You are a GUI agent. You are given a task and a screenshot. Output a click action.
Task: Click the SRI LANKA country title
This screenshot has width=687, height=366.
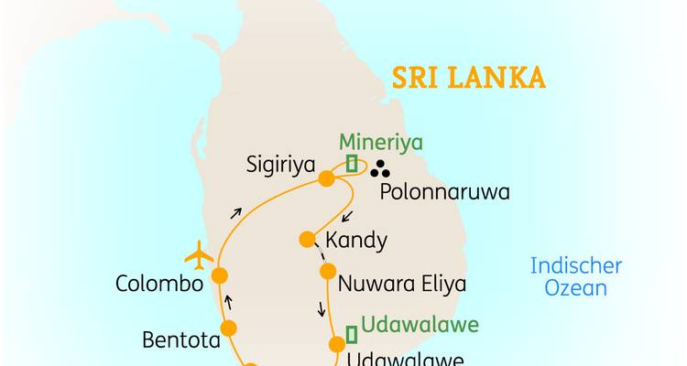coord(469,77)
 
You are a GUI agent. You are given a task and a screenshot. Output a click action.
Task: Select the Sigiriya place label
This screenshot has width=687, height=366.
coord(281,166)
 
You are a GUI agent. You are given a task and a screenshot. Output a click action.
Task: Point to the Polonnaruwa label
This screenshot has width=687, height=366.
coord(444,194)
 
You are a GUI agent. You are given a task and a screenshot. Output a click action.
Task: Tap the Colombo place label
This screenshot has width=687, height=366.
coord(158,284)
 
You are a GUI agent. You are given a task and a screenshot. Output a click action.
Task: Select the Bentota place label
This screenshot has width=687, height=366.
coord(181,340)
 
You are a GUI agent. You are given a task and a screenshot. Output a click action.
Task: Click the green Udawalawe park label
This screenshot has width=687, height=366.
coord(420,325)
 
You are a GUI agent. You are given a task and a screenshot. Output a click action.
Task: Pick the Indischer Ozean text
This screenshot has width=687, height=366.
coord(576,277)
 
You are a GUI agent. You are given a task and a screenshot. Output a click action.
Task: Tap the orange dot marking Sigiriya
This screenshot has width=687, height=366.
coord(325,179)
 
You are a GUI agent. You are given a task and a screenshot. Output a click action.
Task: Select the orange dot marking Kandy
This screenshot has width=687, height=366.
coord(308,240)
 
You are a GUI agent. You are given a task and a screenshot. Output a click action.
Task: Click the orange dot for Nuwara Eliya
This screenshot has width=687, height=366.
coord(328,271)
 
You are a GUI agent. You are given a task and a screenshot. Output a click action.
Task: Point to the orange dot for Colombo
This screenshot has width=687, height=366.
coord(220,274)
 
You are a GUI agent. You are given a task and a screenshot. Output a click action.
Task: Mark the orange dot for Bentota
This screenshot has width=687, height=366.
coord(228,328)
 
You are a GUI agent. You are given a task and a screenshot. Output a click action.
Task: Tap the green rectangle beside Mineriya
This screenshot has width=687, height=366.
coord(351,165)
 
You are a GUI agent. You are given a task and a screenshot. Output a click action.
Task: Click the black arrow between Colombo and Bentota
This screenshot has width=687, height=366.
coord(229,301)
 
